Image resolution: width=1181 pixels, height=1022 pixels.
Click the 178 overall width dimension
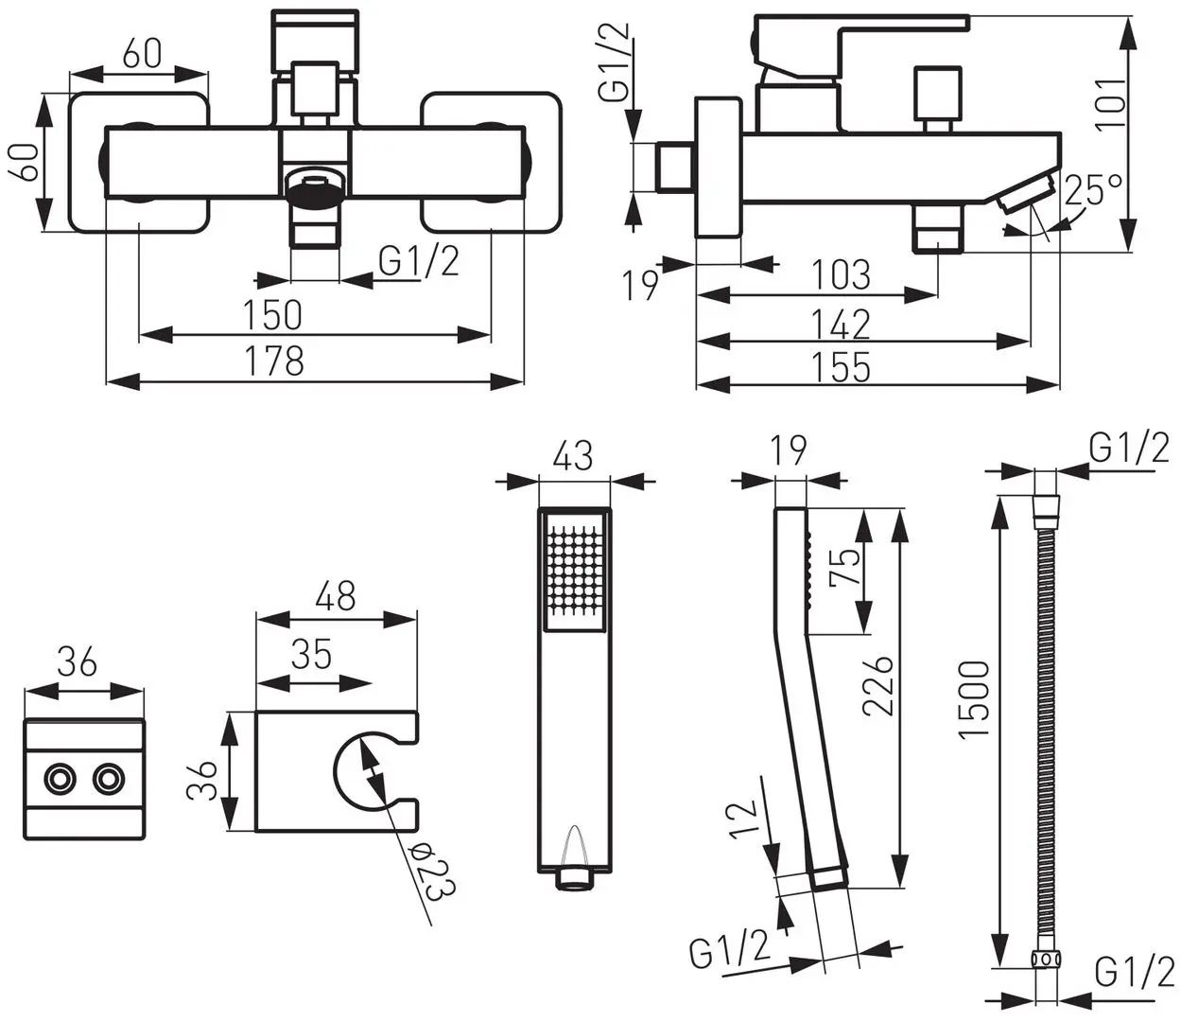pyautogui.click(x=274, y=361)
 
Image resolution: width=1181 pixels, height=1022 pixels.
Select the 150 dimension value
pyautogui.click(x=272, y=314)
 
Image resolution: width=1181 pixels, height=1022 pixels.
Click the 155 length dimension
pyautogui.click(x=842, y=366)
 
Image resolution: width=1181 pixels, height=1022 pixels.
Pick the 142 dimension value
pyautogui.click(x=842, y=325)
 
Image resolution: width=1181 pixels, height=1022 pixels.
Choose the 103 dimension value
pyautogui.click(x=842, y=275)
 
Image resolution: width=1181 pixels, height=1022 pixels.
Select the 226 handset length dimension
pyautogui.click(x=877, y=686)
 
